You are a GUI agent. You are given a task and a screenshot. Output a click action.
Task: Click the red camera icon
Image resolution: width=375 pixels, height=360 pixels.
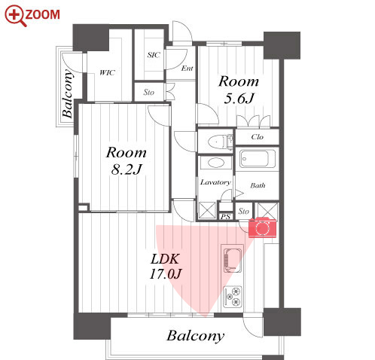coord(262,227)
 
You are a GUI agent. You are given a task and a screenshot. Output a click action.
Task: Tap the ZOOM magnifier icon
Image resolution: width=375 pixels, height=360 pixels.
coord(16,16)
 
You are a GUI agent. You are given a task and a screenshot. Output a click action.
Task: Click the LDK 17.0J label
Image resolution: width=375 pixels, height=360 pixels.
coord(165,267)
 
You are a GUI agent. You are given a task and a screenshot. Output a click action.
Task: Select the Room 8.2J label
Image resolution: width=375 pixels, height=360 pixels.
coord(126,160)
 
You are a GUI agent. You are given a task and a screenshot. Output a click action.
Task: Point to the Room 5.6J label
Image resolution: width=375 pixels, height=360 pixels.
coord(239,90)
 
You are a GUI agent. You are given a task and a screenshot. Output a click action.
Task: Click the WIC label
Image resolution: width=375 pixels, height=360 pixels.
coord(107,73)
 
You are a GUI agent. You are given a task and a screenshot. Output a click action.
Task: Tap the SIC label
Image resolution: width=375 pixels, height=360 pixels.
coord(154,55)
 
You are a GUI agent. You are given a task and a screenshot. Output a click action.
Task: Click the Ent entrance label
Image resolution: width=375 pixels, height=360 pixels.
coord(187,68)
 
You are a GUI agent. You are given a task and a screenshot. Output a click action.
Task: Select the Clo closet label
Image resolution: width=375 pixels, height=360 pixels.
coord(258,137)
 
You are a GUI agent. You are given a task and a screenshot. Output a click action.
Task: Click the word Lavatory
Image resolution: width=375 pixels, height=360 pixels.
coord(215,182)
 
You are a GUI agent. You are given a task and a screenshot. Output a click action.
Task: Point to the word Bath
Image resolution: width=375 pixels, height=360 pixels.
coord(258,185)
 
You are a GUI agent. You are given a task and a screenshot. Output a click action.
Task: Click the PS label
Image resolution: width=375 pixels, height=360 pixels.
coord(225,216)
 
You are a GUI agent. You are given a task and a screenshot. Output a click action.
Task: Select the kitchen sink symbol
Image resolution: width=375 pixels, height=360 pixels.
coord(233,261)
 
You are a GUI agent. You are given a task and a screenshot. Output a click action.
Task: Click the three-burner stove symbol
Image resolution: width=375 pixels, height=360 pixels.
coord(233,297)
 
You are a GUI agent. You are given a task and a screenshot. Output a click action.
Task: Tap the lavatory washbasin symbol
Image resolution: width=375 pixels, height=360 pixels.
coord(216,163)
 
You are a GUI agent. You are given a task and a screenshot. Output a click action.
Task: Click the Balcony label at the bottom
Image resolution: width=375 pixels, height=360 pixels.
coord(195,336)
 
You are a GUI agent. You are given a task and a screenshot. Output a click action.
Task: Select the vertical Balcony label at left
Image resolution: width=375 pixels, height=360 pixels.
coord(67,93)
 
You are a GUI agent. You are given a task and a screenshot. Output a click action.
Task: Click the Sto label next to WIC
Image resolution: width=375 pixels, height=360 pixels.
coord(148,93)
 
